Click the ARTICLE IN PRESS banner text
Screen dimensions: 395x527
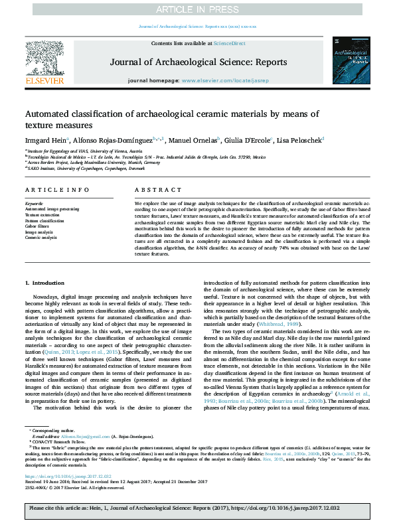pyautogui.click(x=197, y=9)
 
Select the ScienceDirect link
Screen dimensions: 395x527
pyautogui.click(x=229, y=43)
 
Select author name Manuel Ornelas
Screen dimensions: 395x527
pyautogui.click(x=188, y=141)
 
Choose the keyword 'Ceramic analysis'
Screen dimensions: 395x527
pyautogui.click(x=40, y=238)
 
